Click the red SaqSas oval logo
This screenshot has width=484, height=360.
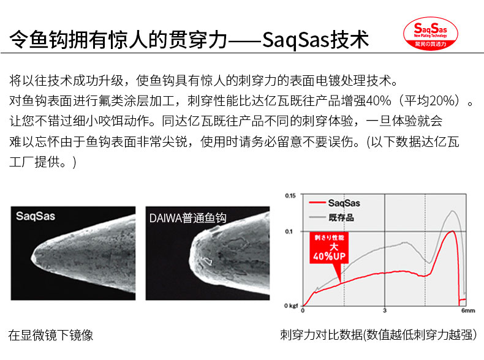[431, 33]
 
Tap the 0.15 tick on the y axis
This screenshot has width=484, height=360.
[290, 195]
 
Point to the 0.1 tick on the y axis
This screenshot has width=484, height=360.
[289, 231]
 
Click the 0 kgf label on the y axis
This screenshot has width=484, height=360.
[291, 306]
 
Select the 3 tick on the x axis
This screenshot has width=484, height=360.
[385, 310]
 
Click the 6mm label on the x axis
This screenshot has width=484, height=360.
[468, 310]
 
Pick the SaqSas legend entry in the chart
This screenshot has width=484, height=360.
[335, 203]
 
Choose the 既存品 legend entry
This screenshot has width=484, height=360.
[331, 217]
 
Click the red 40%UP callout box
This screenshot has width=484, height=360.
[329, 247]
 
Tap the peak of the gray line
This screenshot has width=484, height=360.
[453, 211]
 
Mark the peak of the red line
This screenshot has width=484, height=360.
[453, 231]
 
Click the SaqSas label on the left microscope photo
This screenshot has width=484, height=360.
[36, 216]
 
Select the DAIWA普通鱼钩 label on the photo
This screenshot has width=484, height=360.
[188, 218]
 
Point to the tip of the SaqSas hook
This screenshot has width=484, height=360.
[31, 258]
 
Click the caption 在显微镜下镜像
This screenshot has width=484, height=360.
[51, 336]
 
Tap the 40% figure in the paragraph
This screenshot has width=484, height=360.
[379, 101]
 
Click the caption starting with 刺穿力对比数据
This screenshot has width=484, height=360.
[379, 335]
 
